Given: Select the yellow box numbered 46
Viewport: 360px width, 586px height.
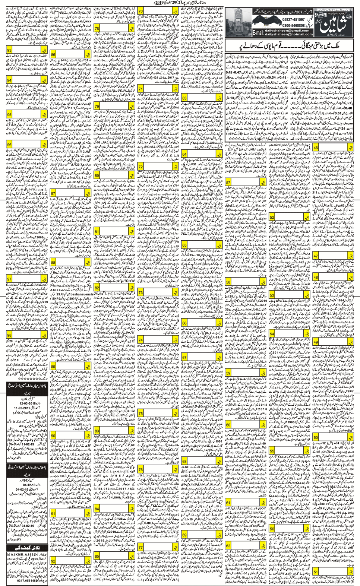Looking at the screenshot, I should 316,148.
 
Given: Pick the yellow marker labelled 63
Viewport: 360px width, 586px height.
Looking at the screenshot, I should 184,98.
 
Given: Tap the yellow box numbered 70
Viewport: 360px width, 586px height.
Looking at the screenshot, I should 140,11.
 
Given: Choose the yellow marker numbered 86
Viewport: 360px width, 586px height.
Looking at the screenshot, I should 53,55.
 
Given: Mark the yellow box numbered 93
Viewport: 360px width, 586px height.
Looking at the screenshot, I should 9,50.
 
